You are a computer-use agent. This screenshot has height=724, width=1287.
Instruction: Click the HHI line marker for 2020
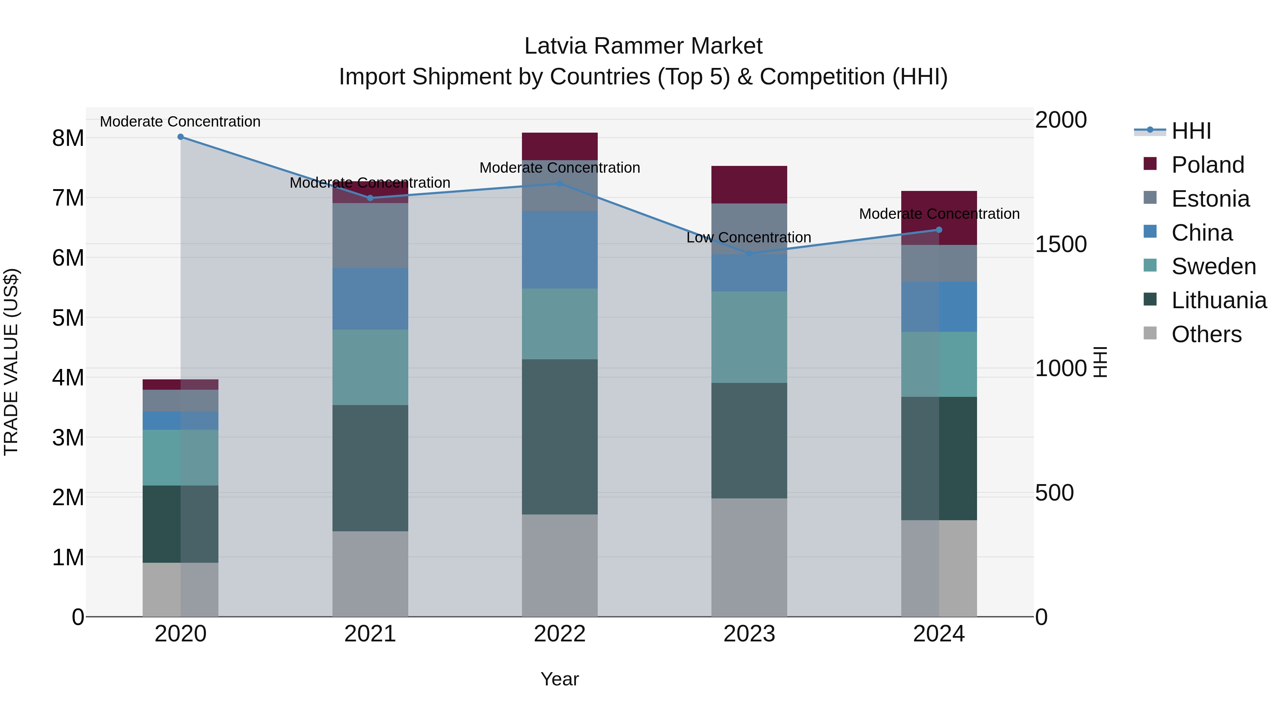pyautogui.click(x=181, y=137)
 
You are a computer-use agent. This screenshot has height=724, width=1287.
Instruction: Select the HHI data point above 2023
pyautogui.click(x=749, y=254)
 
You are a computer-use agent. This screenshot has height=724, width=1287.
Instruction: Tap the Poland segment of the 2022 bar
pyautogui.click(x=559, y=146)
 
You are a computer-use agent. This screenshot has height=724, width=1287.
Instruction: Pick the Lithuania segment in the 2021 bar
pyautogui.click(x=370, y=468)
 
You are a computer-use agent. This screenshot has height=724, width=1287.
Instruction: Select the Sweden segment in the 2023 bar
pyautogui.click(x=749, y=337)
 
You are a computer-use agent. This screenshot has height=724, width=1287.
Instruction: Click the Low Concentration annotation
pyautogui.click(x=748, y=237)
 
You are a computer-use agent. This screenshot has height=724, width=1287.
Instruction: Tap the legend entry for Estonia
pyautogui.click(x=1210, y=199)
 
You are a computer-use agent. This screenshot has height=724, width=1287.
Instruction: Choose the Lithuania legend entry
pyautogui.click(x=1219, y=300)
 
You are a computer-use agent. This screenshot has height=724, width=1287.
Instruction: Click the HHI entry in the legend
pyautogui.click(x=1191, y=131)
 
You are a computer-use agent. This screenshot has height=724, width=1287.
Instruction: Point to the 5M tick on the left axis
pyautogui.click(x=68, y=318)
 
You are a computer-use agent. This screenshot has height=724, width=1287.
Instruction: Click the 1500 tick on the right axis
pyautogui.click(x=1061, y=244)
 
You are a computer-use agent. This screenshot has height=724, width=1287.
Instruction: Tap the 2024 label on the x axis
pyautogui.click(x=938, y=634)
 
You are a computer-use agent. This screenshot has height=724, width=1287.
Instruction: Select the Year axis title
pyautogui.click(x=559, y=679)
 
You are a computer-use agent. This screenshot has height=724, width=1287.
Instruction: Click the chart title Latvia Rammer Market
pyautogui.click(x=643, y=46)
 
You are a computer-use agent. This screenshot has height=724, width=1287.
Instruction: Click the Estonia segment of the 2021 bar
pyautogui.click(x=370, y=235)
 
